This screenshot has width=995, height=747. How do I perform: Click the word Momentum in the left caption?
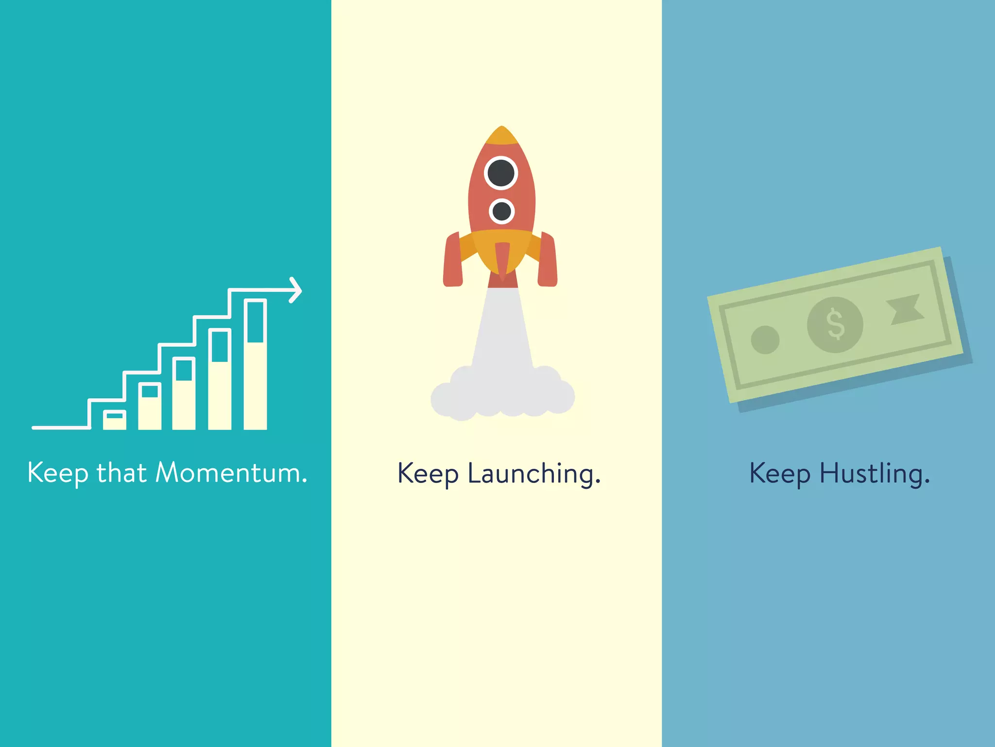[231, 473]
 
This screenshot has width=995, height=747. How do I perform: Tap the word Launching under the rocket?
[534, 474]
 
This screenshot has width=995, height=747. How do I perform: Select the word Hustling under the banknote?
[875, 474]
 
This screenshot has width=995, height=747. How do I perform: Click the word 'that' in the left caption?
[121, 473]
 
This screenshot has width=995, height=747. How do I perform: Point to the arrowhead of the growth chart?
[296, 290]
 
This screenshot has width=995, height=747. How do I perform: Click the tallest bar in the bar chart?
[255, 365]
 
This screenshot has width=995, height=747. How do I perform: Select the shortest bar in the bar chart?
[115, 420]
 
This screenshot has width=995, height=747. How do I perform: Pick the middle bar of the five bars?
[184, 394]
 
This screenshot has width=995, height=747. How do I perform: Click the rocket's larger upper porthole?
[501, 173]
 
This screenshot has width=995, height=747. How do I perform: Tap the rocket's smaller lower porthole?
[502, 211]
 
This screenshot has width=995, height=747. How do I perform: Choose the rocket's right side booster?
[548, 261]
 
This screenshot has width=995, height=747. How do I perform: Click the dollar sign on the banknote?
[835, 324]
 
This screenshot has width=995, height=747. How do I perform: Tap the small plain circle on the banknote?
[765, 339]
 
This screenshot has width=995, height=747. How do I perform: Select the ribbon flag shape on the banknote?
[905, 309]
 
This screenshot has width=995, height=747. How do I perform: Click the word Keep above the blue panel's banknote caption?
[779, 474]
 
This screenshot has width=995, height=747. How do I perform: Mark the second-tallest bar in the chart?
[220, 379]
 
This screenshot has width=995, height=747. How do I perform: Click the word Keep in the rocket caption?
[428, 474]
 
